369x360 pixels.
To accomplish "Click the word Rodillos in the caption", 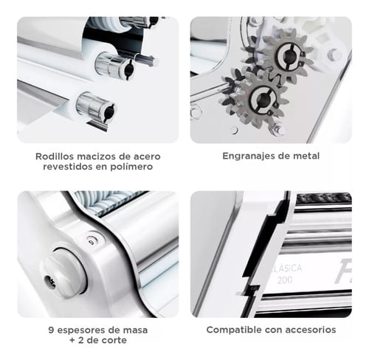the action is point(52,156).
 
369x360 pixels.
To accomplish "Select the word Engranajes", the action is point(247,156).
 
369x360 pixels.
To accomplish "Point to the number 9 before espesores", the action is point(51,330).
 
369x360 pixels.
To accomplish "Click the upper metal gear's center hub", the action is point(288,55).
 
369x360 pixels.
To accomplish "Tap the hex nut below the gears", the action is point(277,129).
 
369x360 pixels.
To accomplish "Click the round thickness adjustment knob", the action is point(66,273).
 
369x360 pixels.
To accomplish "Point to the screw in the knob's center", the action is point(51,280).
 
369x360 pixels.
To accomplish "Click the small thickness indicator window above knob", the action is point(92,242).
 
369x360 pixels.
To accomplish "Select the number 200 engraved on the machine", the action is point(285,280).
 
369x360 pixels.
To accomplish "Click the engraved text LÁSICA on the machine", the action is point(287,268).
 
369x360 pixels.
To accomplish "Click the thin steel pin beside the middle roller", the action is point(145,59).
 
